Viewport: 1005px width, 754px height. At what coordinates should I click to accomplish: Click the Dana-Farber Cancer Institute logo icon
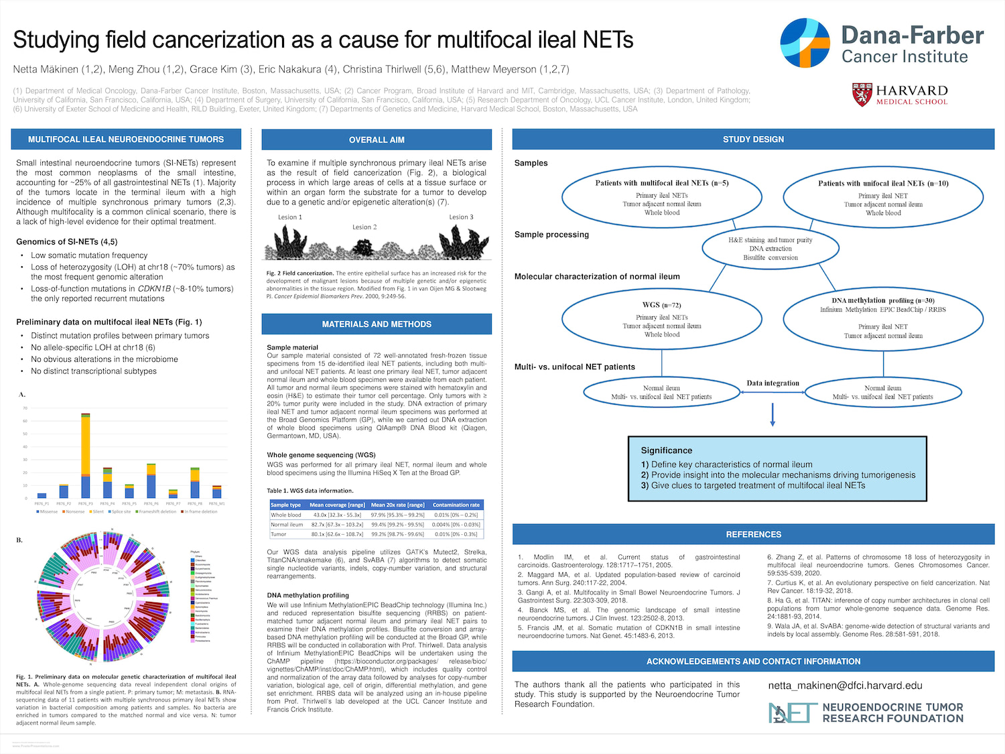tap(805, 43)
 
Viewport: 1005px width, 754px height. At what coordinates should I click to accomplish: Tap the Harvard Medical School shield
tap(862, 95)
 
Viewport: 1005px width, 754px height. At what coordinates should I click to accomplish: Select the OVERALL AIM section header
tap(377, 140)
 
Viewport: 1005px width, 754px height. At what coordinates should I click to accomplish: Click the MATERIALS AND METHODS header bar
tap(377, 324)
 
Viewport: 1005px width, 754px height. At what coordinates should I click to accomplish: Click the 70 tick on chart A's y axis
tap(25, 408)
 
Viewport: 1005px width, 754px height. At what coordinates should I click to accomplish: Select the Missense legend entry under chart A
tap(47, 511)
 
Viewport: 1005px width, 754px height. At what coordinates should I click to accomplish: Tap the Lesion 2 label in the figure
tap(364, 227)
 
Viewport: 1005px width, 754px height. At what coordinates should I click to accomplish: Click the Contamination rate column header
tap(456, 505)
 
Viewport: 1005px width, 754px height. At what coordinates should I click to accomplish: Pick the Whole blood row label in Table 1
tap(286, 515)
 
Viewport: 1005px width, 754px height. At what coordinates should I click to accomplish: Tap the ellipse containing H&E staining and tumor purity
tap(770, 248)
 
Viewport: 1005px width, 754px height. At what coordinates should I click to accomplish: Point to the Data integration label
tap(773, 383)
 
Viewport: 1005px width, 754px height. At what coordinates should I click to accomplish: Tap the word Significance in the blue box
tap(666, 450)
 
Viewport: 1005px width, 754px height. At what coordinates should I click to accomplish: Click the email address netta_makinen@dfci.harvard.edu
tap(845, 686)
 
